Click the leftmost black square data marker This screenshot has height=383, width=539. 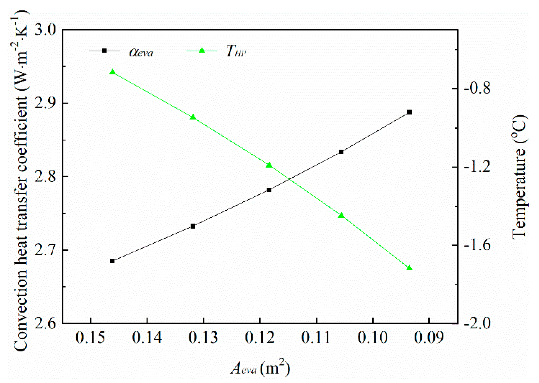click(112, 261)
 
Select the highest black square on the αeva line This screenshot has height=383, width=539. click(409, 112)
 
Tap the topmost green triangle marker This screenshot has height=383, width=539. click(113, 72)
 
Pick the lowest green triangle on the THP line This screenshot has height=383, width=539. click(409, 268)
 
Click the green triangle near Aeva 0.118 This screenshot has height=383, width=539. click(269, 166)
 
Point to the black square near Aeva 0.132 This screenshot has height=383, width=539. click(193, 226)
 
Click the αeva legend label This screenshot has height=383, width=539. click(141, 52)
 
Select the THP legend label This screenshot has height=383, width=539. click(236, 51)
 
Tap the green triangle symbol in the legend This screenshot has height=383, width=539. click(202, 50)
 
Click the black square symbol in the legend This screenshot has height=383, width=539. click(105, 50)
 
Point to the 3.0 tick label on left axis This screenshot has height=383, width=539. click(46, 30)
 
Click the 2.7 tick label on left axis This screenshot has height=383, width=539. click(46, 250)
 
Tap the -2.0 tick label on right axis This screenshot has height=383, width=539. click(477, 323)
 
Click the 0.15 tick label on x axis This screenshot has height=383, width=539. click(90, 338)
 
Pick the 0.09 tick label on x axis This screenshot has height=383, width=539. click(429, 338)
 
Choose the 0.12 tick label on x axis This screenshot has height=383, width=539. click(260, 338)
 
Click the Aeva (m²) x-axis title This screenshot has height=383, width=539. click(260, 368)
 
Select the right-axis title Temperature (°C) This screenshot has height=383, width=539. click(519, 177)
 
